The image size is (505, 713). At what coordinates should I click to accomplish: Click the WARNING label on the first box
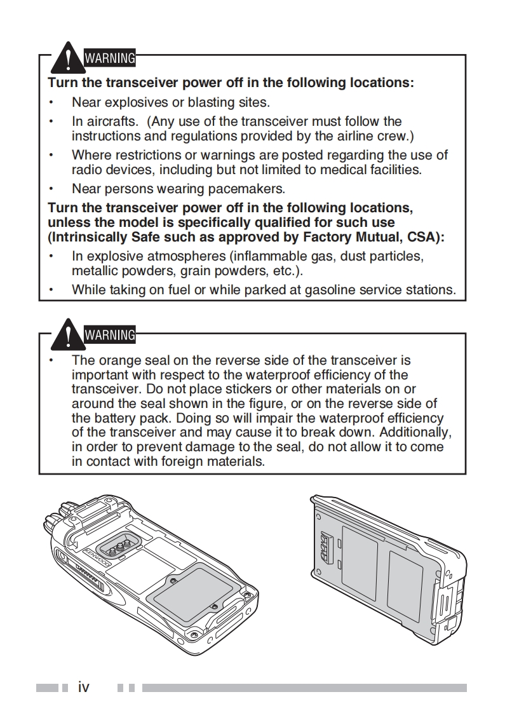pos(109,58)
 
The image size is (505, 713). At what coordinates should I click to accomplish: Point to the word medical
pos(344,170)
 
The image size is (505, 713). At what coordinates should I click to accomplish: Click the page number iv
pos(83,687)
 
